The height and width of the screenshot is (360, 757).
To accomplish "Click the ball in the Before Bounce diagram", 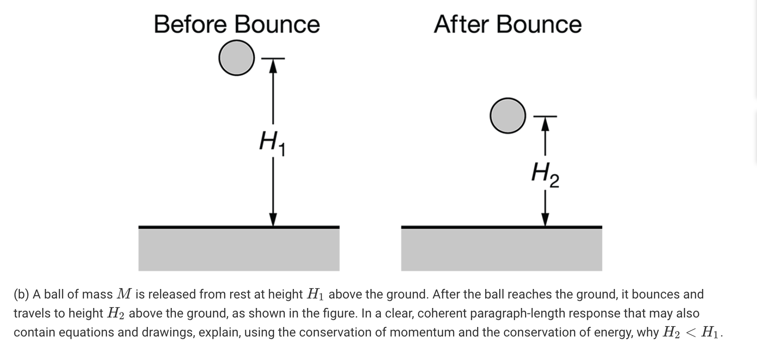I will pos(236,58).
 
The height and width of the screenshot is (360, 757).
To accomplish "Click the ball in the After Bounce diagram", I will pos(508,115).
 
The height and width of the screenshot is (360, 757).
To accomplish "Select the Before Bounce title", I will pos(237,24).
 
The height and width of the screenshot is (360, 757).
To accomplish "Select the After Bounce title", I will pos(507,24).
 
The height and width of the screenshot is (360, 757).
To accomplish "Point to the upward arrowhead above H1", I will pos(273,65).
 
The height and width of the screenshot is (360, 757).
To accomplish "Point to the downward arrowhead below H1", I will pos(273,220).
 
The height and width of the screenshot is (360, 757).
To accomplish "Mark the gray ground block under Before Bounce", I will pos(239,249).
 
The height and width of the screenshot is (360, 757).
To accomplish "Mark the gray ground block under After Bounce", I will pos(502,249).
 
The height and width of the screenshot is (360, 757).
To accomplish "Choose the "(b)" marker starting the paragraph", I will pos(21,294).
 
